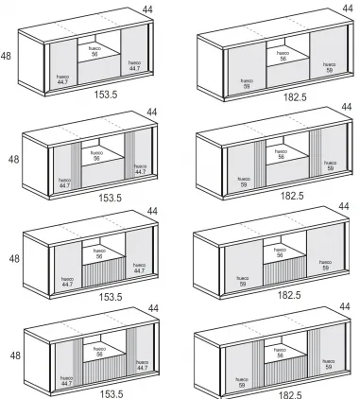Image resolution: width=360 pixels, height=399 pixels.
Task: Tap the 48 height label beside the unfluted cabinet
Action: (x=9, y=56)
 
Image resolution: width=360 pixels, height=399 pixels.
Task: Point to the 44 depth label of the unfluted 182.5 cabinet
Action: (x=344, y=10)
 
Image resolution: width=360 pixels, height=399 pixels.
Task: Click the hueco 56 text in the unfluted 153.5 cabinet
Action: (x=94, y=52)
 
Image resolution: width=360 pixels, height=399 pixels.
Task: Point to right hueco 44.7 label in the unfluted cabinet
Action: (x=134, y=65)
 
